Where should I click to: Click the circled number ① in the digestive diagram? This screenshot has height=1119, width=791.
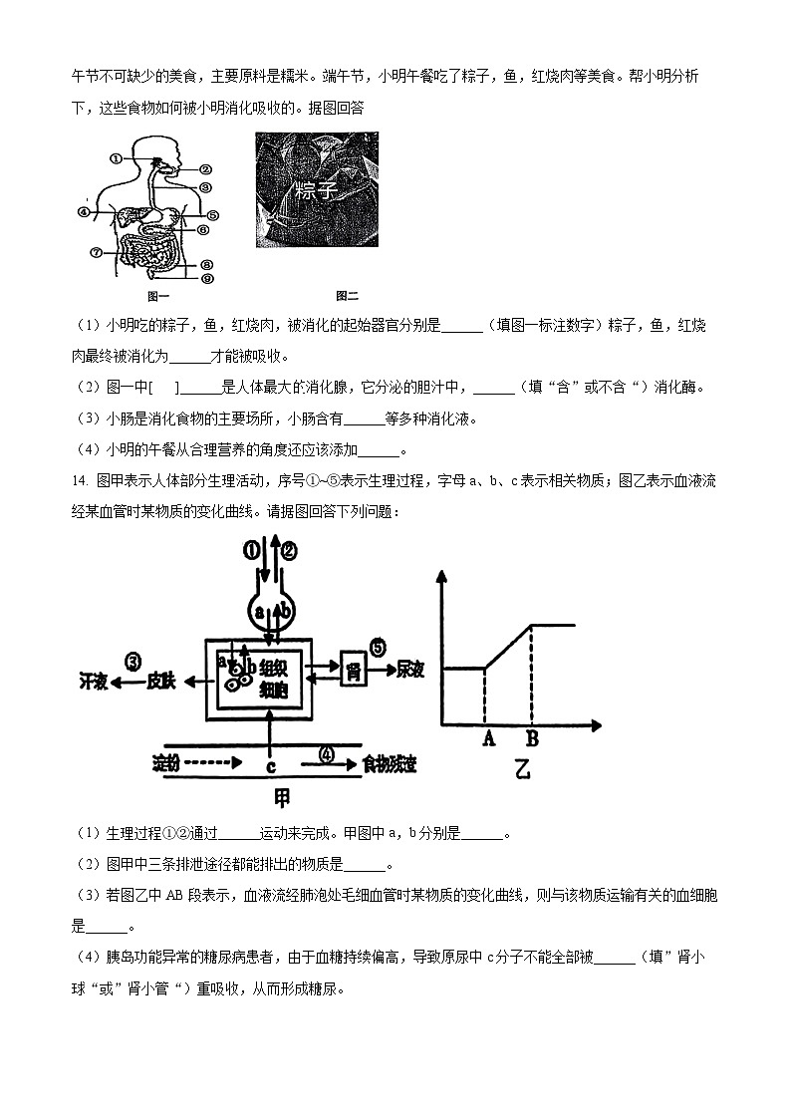[x=117, y=157]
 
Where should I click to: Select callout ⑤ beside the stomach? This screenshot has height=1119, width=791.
[x=213, y=213]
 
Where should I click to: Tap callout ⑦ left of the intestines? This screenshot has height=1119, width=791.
[x=96, y=252]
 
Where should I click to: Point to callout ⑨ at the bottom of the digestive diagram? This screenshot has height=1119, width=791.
[x=207, y=279]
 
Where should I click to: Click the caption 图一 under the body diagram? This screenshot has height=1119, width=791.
[x=159, y=296]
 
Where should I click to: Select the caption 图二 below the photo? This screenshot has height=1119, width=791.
[x=347, y=296]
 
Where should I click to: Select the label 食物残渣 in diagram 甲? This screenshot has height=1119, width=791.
[x=390, y=764]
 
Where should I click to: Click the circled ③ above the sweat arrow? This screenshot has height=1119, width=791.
[x=132, y=661]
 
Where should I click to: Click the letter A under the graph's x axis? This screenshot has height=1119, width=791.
[x=488, y=738]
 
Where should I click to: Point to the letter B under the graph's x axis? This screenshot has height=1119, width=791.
[x=532, y=738]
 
